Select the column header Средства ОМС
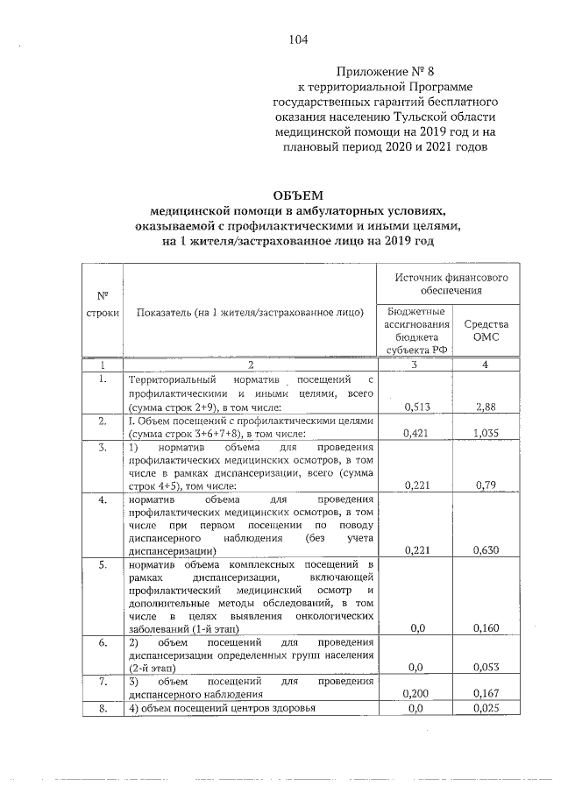[486, 329]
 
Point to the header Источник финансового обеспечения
[451, 282]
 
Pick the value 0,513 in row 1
[417, 407]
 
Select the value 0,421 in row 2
[417, 432]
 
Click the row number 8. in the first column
[103, 708]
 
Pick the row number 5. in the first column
[103, 563]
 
